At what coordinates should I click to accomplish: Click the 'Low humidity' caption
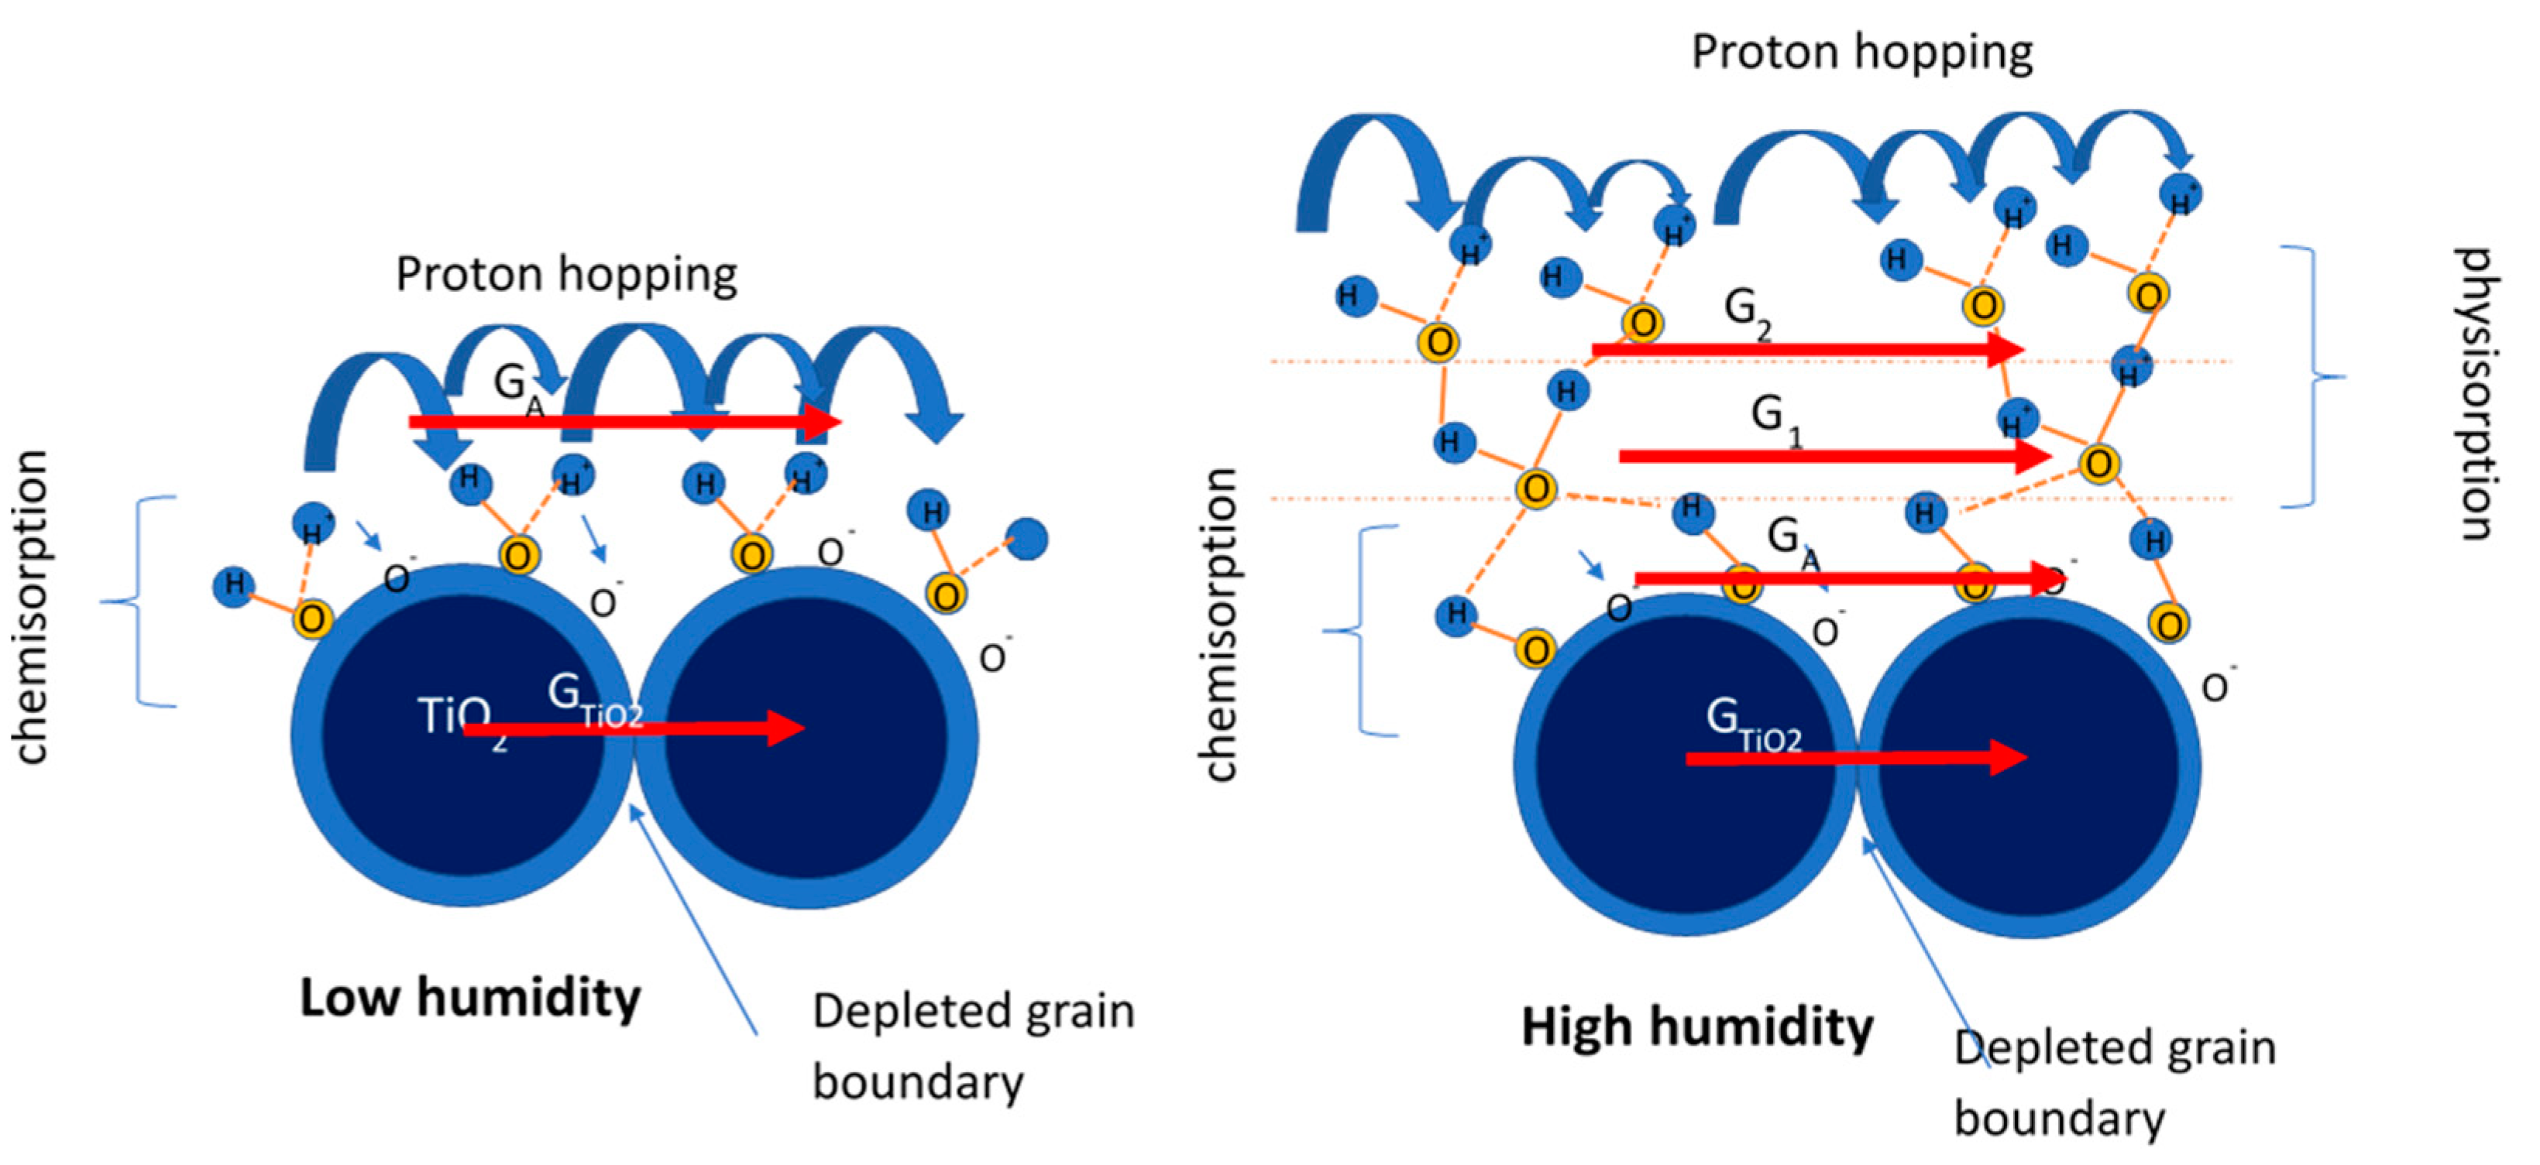[x=470, y=999]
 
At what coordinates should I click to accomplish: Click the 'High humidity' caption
[x=1696, y=1027]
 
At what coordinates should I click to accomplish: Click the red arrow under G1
[x=1834, y=455]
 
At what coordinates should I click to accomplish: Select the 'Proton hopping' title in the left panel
[x=566, y=275]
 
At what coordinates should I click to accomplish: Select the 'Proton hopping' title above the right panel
[x=1861, y=52]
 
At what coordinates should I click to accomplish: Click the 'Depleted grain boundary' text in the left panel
[x=971, y=1047]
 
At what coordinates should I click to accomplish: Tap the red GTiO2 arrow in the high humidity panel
[x=1854, y=757]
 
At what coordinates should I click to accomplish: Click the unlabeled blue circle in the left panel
[x=1026, y=539]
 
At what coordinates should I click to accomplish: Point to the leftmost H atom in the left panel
[x=234, y=585]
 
